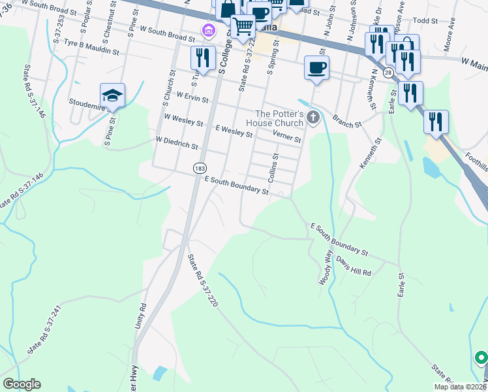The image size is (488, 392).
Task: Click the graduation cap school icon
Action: tap(112, 95)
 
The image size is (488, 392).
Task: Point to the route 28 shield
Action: tap(388, 74)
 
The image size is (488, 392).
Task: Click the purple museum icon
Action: tap(208, 29)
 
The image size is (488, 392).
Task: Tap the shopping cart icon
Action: tap(243, 26)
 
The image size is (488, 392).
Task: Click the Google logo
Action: tap(22, 384)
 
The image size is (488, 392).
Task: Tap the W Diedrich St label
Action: tap(176, 142)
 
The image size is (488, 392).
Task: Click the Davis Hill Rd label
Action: tap(354, 265)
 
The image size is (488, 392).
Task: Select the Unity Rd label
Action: tap(142, 315)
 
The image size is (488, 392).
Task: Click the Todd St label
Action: tap(425, 20)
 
